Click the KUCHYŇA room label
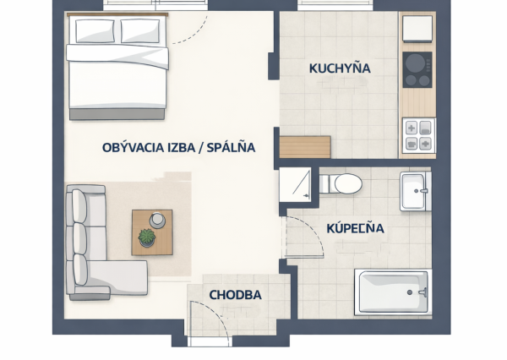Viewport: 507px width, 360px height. [x=340, y=68]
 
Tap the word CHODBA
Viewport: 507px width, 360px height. [x=236, y=295]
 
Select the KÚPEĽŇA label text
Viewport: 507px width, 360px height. [x=356, y=228]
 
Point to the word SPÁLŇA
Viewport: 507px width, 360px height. [x=231, y=148]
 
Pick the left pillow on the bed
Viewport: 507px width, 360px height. [x=95, y=30]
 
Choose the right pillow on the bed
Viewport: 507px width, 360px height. [x=140, y=31]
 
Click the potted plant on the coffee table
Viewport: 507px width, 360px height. [x=147, y=237]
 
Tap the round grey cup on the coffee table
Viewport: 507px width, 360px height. [x=157, y=221]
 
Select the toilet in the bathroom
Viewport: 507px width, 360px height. [x=341, y=183]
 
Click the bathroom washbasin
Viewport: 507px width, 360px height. [x=415, y=191]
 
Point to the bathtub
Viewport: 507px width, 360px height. [x=393, y=292]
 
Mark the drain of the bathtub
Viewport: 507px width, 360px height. [x=410, y=292]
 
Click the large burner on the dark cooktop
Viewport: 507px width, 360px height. [x=415, y=63]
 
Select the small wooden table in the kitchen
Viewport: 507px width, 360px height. [x=305, y=147]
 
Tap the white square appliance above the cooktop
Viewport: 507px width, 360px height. [x=417, y=29]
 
